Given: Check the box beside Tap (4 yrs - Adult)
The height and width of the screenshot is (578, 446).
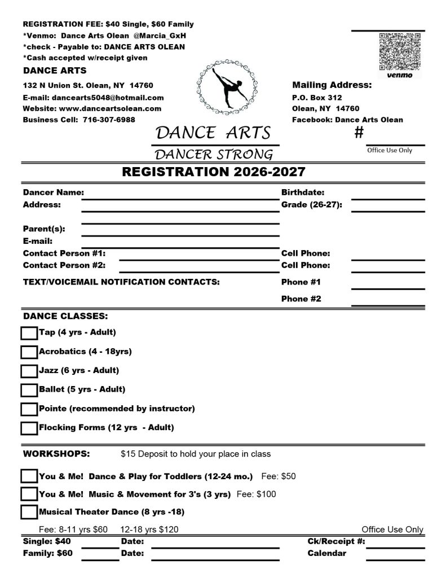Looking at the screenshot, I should pos(29,334).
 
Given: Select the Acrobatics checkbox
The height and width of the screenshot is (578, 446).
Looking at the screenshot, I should pos(29,352).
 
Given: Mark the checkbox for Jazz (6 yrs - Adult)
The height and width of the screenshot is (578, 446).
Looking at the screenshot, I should pos(29,371).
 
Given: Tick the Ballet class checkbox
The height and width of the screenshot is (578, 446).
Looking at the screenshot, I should pos(29,390).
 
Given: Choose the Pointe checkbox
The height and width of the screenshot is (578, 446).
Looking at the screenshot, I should pos(29,409).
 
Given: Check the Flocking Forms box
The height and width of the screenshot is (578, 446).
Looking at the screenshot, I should pos(29,428).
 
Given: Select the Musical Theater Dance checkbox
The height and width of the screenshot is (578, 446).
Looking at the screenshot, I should pos(29,513).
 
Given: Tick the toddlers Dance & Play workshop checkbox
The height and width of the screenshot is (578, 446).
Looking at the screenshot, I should pos(29,476).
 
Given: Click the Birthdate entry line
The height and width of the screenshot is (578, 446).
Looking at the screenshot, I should pos(388,197).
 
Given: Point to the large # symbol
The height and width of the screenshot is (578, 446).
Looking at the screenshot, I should pos(359,133).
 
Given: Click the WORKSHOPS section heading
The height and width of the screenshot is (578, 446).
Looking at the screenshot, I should pos(56,454).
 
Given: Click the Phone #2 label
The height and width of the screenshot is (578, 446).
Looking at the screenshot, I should pos(301,299).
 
